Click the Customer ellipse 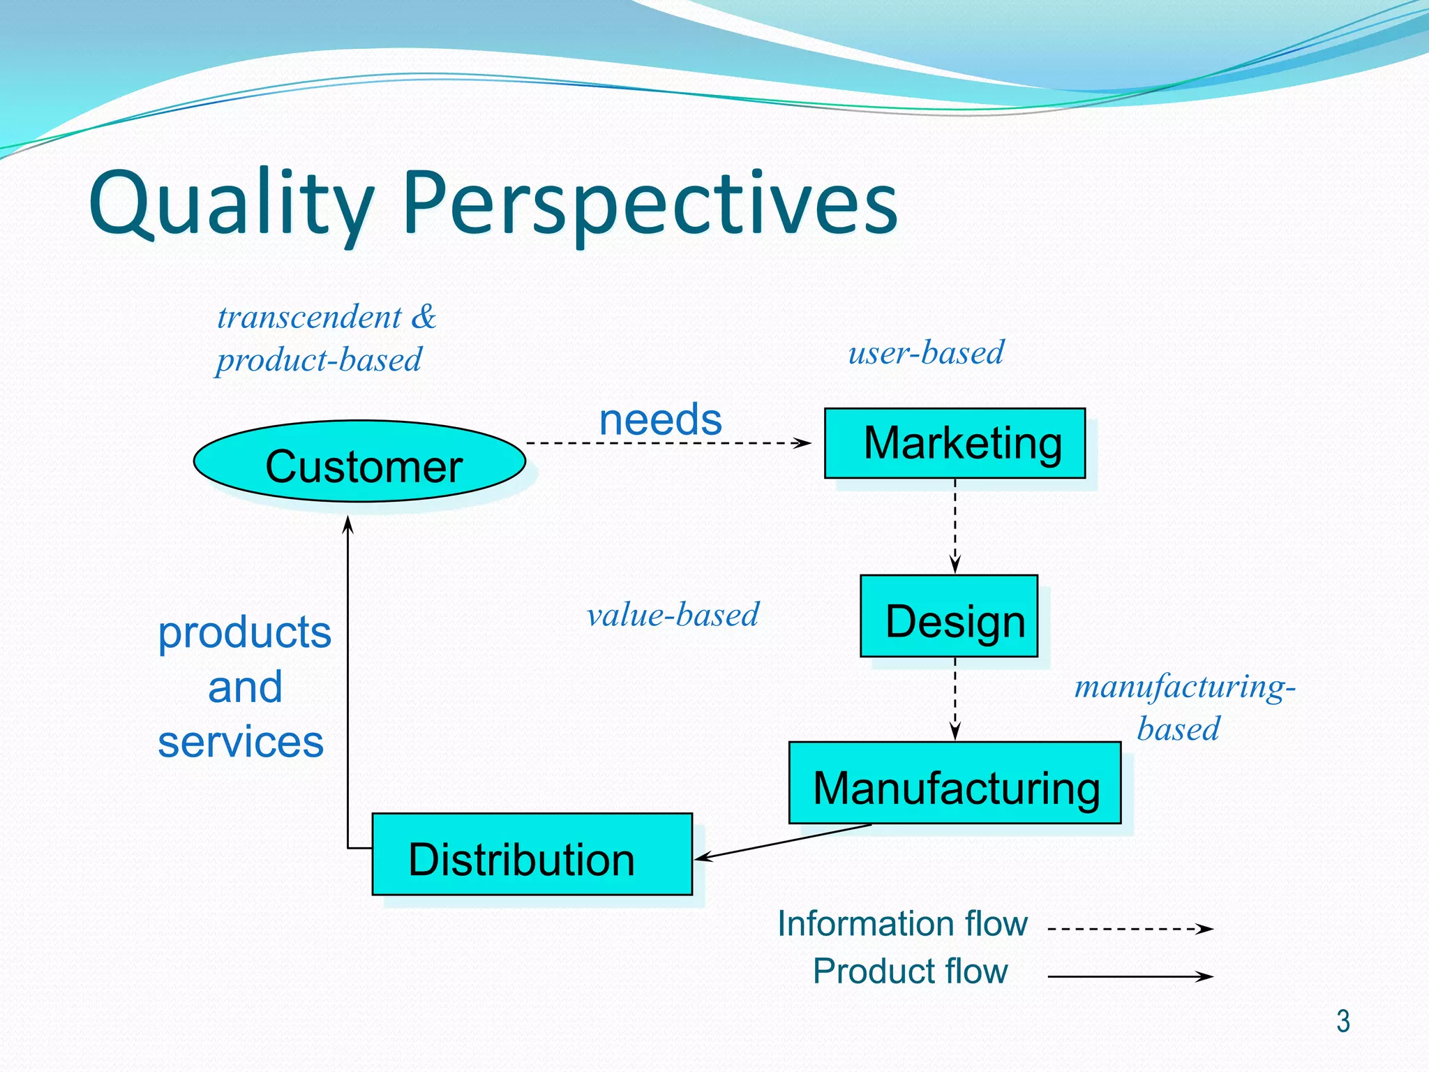[x=359, y=461]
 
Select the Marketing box [x=955, y=443]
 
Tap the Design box [x=949, y=616]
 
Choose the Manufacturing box [x=955, y=783]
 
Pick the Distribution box [x=532, y=854]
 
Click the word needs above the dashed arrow [x=660, y=419]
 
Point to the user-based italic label [x=926, y=352]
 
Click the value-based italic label [x=673, y=615]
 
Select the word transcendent [x=309, y=318]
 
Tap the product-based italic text [x=319, y=360]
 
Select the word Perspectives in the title [x=650, y=204]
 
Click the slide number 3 [x=1342, y=1021]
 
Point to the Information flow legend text [x=902, y=923]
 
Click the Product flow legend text [x=910, y=971]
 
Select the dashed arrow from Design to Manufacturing [x=955, y=698]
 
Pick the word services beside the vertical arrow [x=241, y=742]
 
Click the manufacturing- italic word [x=1185, y=687]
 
